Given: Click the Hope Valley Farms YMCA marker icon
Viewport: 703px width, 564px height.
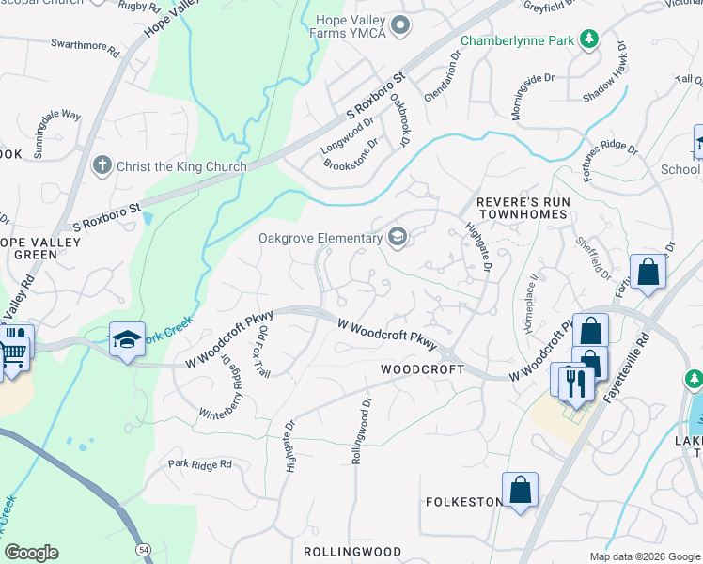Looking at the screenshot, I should coord(402,25).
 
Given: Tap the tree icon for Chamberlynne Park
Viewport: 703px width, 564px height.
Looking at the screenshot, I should coord(589,39).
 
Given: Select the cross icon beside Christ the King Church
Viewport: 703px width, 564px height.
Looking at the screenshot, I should coord(102,166).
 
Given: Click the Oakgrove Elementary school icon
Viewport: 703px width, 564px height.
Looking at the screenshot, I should coord(398,237).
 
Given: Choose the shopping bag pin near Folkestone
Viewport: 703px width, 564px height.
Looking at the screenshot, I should coord(520,490).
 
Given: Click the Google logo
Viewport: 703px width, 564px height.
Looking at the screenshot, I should coord(32,553).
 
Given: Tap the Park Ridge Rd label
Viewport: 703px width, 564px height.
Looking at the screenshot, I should coord(199,464).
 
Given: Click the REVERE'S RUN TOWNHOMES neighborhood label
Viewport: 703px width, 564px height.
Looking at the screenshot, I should coord(522,208).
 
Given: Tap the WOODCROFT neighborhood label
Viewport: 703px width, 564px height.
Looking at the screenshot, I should coord(422,369).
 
